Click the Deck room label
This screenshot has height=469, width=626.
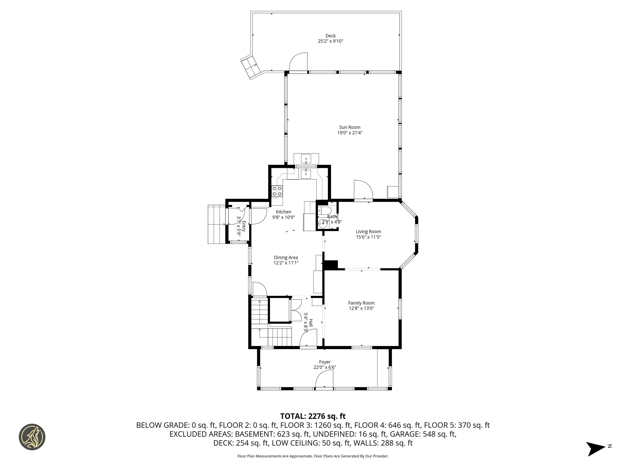click(330, 36)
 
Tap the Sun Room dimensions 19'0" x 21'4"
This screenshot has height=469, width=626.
click(350, 133)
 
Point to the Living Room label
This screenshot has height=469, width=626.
click(368, 231)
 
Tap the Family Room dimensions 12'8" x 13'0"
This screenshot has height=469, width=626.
click(361, 308)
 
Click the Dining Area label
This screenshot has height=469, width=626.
click(286, 258)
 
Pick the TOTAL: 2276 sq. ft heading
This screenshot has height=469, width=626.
click(313, 416)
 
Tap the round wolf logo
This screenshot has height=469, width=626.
click(32, 437)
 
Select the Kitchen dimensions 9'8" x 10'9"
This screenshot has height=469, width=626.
click(284, 217)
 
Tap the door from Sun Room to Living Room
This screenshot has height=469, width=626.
click(363, 191)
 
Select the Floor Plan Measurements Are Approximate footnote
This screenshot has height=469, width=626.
click(313, 456)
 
